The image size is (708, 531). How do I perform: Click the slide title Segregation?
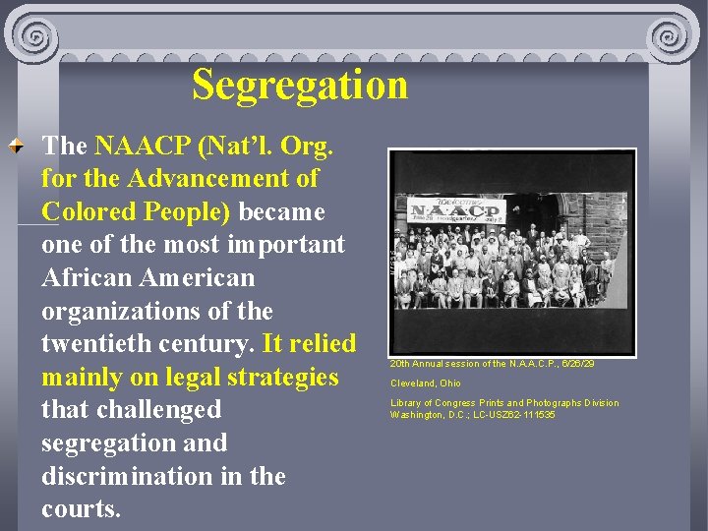pos(299,86)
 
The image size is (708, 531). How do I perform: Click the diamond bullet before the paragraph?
pos(17,147)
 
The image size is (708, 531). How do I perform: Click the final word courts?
pos(81,509)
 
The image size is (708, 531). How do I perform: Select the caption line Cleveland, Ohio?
pos(425,383)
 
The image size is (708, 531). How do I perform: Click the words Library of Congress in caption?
pos(433,403)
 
